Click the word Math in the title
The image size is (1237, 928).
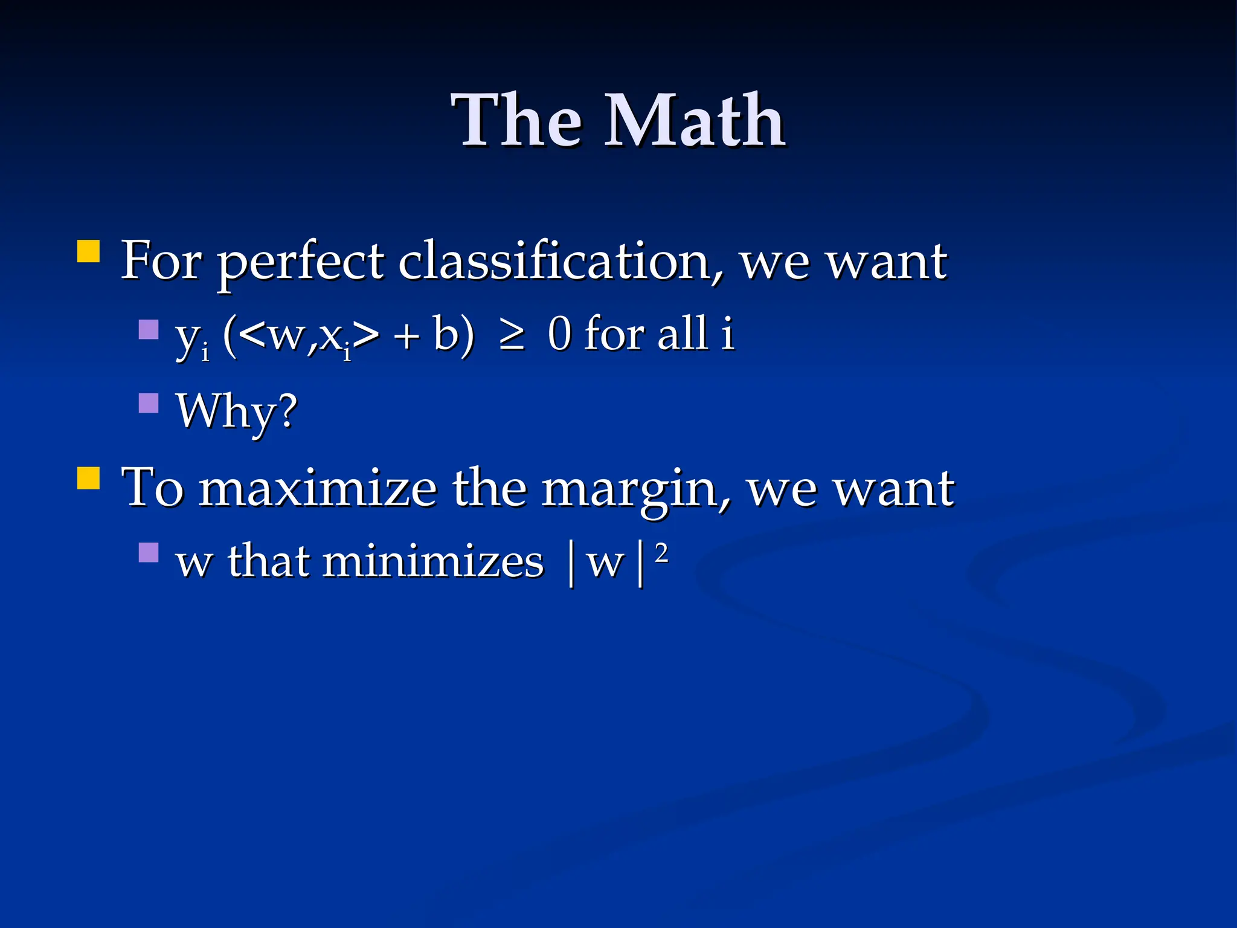point(695,121)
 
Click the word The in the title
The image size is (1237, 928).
point(516,121)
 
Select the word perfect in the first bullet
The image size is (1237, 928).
point(300,262)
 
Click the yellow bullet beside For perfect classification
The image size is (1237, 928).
point(89,251)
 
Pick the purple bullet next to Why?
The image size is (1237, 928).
point(148,403)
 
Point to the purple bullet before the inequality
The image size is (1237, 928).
point(148,329)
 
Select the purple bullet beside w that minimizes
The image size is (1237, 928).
point(148,552)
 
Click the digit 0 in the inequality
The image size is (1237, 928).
point(559,333)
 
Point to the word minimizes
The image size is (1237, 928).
point(433,562)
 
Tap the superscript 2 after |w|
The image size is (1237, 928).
point(661,553)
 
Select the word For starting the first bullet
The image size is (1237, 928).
point(161,261)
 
